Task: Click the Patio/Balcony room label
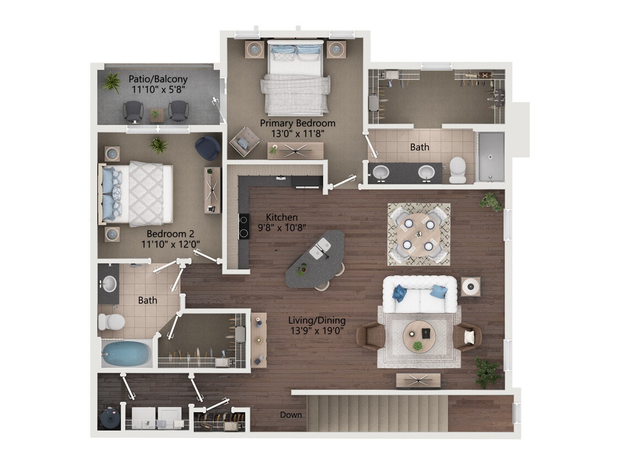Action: point(159,79)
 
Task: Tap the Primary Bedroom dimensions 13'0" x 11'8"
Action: point(297,133)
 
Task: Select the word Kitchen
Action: point(282,217)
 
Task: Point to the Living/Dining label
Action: point(317,320)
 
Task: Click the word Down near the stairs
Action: point(290,414)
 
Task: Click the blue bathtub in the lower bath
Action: point(126,353)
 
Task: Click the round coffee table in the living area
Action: point(419,336)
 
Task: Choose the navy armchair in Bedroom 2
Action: point(207,147)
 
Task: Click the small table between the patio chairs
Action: point(157,115)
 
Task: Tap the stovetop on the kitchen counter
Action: point(243,226)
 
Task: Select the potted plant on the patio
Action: point(111,83)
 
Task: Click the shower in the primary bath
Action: point(490,156)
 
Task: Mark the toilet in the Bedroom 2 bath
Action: point(111,321)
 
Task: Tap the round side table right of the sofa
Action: point(470,286)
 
